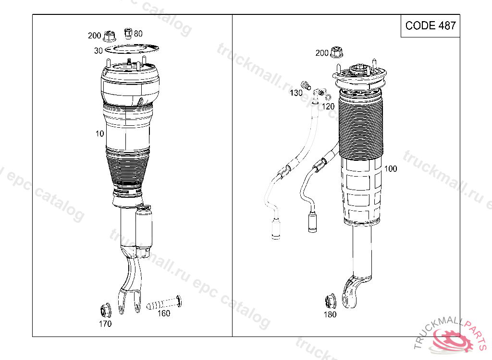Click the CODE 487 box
tap(430, 26)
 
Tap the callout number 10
tap(100, 133)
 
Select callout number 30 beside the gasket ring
tap(98, 50)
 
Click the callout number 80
tap(138, 34)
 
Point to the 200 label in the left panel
tap(95, 36)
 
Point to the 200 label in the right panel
tap(322, 53)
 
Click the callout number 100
tap(391, 168)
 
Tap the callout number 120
tap(328, 107)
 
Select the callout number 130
tap(296, 93)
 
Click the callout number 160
tap(164, 313)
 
